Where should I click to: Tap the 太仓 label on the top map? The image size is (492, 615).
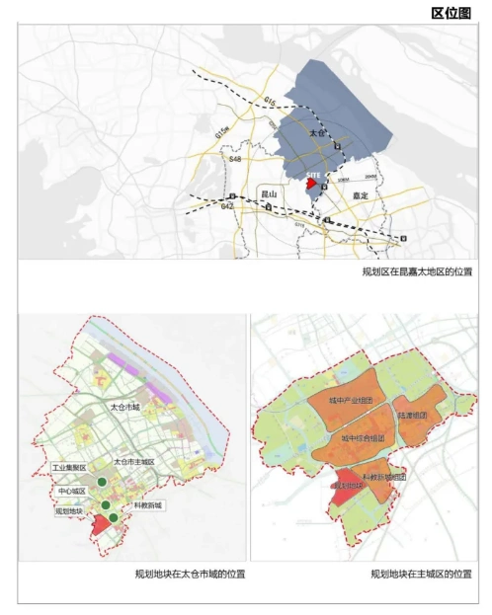pyautogui.click(x=316, y=131)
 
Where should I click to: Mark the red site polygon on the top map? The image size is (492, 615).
pyautogui.click(x=311, y=184)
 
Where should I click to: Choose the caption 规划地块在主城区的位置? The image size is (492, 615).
pyautogui.click(x=418, y=574)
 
